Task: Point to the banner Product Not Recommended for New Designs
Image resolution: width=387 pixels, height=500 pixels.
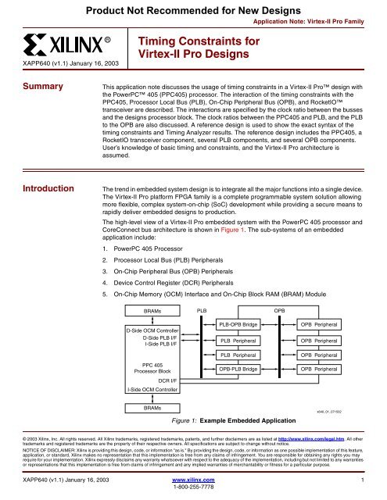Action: pyautogui.click(x=193, y=9)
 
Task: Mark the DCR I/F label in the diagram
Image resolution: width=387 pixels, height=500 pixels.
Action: pyautogui.click(x=157, y=380)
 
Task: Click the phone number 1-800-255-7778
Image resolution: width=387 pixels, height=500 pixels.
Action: pyautogui.click(x=193, y=493)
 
